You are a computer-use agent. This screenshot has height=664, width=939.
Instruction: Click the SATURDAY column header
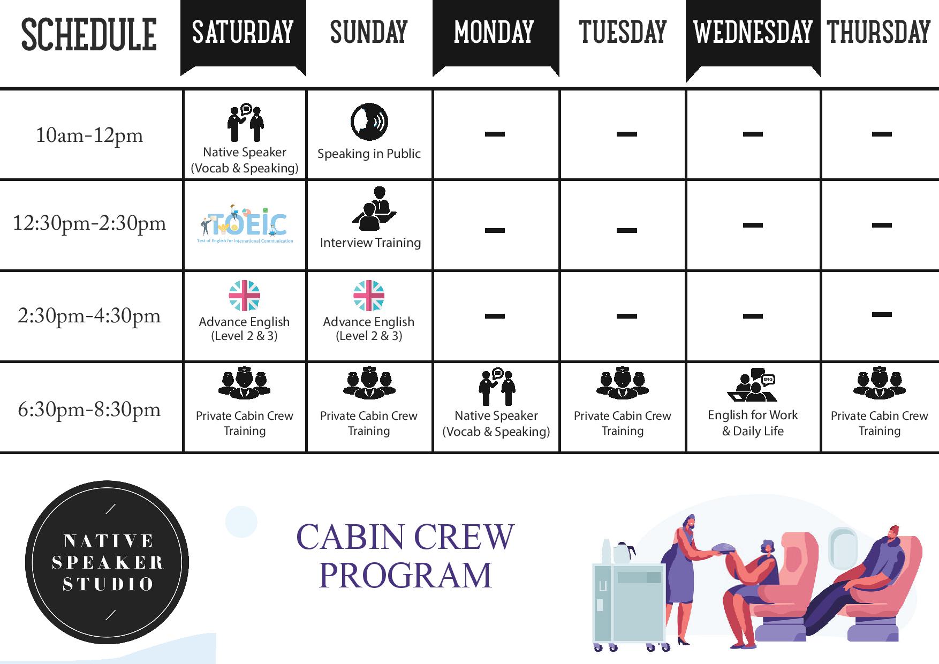243,32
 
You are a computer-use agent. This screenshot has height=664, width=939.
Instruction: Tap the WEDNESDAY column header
753,32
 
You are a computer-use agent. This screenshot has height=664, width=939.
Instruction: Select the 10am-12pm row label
89,135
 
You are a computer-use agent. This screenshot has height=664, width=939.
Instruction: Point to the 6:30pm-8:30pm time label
89,410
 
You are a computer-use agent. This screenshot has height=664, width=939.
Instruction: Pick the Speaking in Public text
369,154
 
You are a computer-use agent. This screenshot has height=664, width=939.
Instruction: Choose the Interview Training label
370,243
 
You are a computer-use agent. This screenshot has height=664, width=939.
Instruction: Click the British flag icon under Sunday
369,296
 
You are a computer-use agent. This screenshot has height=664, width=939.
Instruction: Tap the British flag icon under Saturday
245,296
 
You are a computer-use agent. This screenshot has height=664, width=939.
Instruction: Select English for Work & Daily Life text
753,423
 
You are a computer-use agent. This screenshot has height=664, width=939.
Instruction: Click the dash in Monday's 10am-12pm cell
495,134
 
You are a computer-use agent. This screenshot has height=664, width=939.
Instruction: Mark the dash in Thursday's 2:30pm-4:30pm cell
881,314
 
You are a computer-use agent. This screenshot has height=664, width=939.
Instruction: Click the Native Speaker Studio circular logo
107,562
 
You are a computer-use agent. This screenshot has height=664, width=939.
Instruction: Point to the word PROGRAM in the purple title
405,575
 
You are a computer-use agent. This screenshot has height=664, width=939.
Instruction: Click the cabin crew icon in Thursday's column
880,383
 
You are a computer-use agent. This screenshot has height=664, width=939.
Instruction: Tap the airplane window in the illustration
843,549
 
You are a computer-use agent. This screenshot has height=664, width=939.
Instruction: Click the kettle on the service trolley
623,553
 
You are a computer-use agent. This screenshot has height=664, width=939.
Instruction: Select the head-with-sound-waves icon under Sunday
369,122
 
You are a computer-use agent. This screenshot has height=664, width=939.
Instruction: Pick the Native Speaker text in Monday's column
496,416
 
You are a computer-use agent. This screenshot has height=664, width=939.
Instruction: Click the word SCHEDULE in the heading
89,35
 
